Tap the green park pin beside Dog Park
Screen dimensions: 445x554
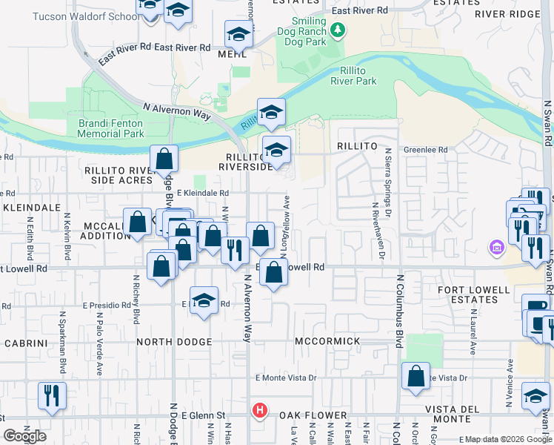tap(338, 30)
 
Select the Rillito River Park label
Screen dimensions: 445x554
tap(353, 76)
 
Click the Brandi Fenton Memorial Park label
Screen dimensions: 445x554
tap(111, 128)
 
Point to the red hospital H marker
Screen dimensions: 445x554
tap(259, 409)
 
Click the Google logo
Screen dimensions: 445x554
tap(25, 436)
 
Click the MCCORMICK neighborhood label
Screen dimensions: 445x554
tap(327, 341)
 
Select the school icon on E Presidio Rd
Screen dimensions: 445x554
tap(204, 301)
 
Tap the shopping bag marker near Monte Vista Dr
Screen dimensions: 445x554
tap(416, 375)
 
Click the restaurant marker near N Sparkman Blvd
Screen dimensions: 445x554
tap(52, 395)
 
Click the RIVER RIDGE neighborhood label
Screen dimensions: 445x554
tap(507, 14)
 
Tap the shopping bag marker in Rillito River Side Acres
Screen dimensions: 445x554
tap(164, 159)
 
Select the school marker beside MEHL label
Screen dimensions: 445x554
tap(239, 34)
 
